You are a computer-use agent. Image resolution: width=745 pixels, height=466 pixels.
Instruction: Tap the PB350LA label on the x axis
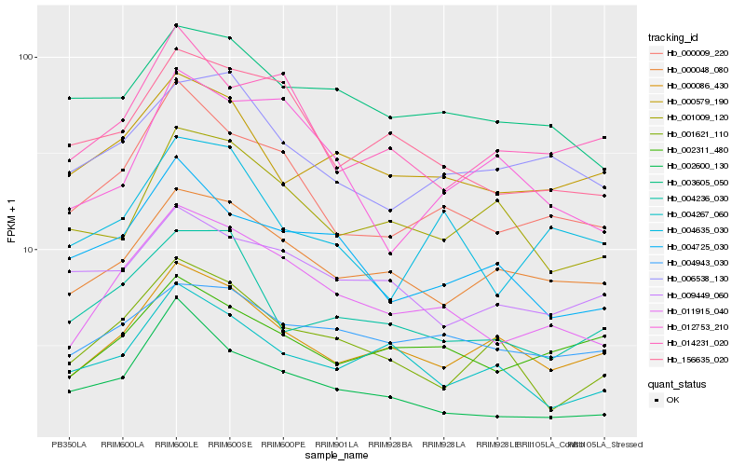(69, 445)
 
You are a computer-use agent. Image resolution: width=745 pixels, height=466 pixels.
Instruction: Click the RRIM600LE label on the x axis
(176, 445)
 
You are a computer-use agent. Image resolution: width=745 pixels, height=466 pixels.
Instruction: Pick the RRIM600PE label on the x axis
(283, 445)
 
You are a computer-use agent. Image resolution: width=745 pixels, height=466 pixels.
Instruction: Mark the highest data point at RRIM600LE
(176, 25)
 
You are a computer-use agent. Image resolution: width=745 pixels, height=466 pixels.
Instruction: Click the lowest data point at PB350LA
(69, 391)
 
